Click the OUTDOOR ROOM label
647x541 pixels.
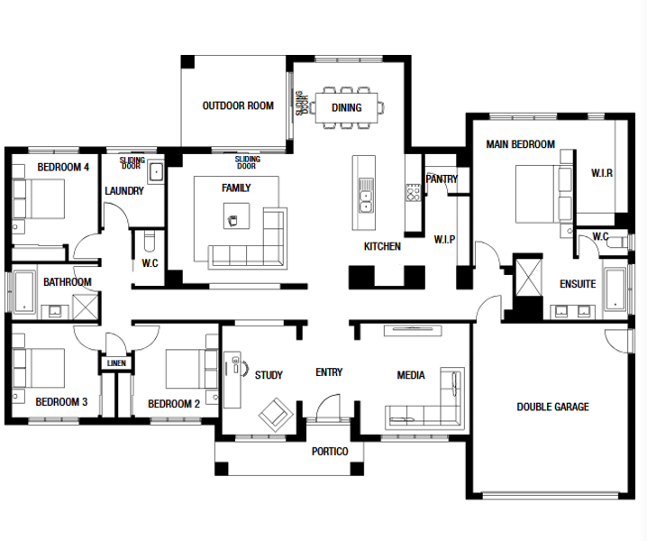coord(238,105)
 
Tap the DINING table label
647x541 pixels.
coord(347,108)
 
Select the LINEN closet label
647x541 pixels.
coord(116,363)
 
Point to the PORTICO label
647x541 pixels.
coord(330,452)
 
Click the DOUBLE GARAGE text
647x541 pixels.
coord(552,408)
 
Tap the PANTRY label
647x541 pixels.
coord(442,179)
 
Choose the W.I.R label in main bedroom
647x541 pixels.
coord(602,173)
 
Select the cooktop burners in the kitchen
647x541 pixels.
coord(413,192)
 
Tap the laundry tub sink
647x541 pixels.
coord(156,172)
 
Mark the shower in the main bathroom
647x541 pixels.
coord(86,307)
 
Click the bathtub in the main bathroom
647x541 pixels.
coord(24,292)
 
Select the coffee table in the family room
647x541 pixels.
coord(236,215)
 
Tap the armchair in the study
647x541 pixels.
coord(276,415)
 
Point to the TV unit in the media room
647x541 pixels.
coord(413,330)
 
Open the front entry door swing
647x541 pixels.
coord(328,407)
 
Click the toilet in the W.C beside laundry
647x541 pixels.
coord(149,241)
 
